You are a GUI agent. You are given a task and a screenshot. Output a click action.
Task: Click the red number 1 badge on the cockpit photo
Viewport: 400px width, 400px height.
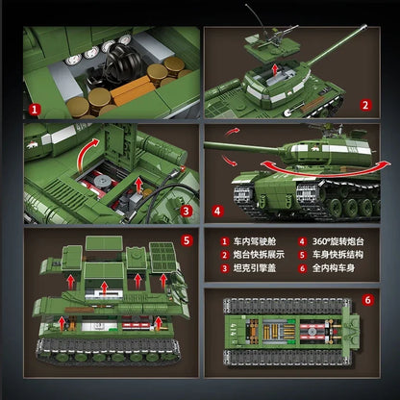(34, 110)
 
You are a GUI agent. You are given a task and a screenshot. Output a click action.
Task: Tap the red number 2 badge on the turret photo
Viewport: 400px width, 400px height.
(365, 110)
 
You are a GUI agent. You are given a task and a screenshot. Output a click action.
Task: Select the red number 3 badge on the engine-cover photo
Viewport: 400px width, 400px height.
(188, 213)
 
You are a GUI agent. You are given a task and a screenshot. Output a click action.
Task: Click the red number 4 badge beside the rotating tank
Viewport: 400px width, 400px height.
(218, 209)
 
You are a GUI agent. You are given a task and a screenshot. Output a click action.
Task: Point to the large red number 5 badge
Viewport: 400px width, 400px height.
(188, 240)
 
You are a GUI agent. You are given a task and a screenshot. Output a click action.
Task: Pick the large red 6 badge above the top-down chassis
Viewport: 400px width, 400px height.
(366, 300)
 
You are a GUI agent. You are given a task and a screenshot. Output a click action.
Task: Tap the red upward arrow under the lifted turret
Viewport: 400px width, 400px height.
(277, 70)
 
